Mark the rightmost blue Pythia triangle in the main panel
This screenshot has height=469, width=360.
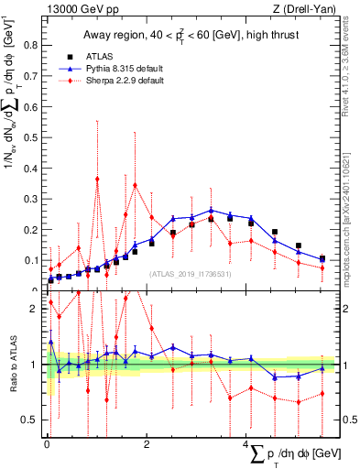322,258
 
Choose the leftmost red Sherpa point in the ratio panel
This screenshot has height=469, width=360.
50,301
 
